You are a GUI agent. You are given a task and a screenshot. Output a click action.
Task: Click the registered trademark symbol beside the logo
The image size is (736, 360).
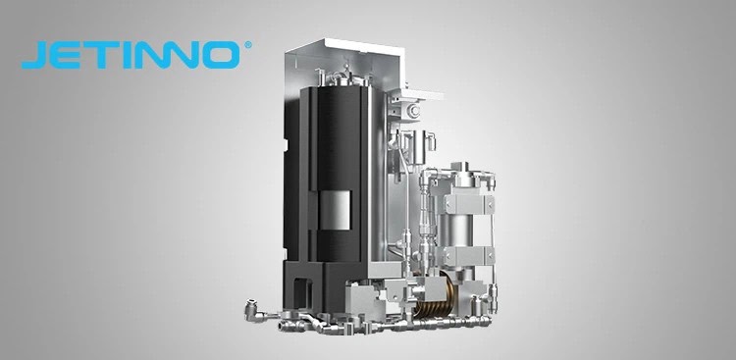248,45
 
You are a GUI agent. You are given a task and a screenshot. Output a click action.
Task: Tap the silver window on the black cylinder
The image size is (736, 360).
335,211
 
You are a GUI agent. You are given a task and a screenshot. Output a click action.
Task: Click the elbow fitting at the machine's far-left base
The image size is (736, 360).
252,310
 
